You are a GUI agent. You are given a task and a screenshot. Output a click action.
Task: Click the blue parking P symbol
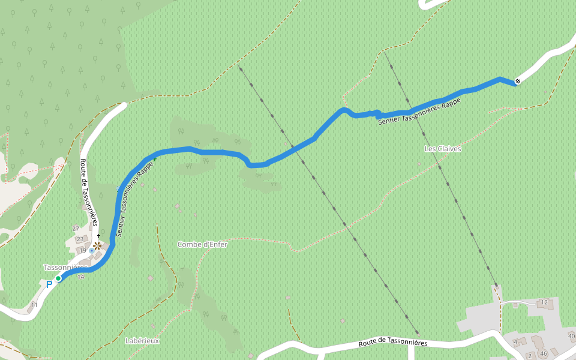[49, 284]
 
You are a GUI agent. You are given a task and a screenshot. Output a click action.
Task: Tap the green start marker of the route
[58, 278]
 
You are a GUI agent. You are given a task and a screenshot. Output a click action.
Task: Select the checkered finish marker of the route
[518, 82]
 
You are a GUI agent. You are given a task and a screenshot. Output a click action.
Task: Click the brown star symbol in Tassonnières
[97, 245]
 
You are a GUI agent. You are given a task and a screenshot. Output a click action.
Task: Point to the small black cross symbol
[98, 236]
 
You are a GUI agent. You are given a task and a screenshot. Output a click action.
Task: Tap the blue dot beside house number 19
[91, 250]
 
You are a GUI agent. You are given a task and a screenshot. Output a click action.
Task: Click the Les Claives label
[442, 149]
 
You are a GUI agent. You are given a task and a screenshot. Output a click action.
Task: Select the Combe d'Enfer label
[202, 244]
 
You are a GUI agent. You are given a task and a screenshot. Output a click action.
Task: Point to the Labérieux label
[142, 341]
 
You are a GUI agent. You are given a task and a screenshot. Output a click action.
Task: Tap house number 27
[76, 229]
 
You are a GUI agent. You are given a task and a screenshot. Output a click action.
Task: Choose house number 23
[80, 239]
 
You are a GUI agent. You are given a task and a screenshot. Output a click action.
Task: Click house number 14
[80, 277]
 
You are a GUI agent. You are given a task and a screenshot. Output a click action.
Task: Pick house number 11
[34, 305]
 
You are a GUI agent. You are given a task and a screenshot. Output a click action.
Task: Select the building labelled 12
[544, 302]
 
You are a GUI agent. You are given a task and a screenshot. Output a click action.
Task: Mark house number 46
[544, 353]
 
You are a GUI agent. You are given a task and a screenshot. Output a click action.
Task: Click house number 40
[571, 335]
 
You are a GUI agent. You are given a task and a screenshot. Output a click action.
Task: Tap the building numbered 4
[515, 342]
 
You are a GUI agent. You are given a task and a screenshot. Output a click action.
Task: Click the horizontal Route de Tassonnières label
[393, 343]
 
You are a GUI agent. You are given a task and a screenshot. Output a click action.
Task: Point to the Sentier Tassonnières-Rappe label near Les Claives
[419, 112]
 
